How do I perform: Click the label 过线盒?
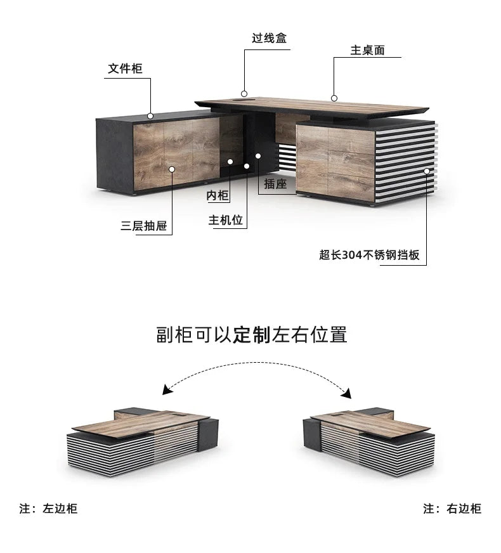click(x=269, y=38)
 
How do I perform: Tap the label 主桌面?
click(x=367, y=50)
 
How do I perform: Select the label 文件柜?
click(x=125, y=68)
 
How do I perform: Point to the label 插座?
click(x=275, y=184)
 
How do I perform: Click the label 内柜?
click(x=218, y=195)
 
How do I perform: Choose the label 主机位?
click(x=226, y=220)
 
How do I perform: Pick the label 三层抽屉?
click(x=143, y=226)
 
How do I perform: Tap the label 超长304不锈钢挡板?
click(x=370, y=255)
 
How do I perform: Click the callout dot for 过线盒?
click(x=244, y=94)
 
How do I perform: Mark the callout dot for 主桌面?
click(x=334, y=98)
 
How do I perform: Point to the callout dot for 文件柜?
click(x=150, y=115)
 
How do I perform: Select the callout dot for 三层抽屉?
click(x=172, y=169)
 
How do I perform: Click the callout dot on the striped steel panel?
click(x=427, y=171)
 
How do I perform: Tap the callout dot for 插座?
click(x=258, y=156)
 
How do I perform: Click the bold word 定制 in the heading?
click(x=252, y=335)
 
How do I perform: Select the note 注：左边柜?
click(x=48, y=509)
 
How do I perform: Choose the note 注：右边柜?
click(x=452, y=509)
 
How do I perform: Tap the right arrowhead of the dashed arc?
click(x=347, y=393)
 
